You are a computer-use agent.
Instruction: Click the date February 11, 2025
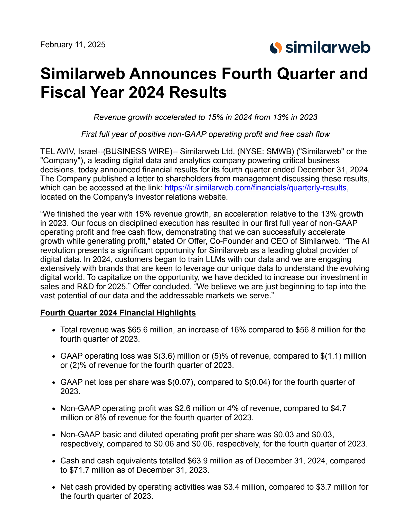(x=73, y=45)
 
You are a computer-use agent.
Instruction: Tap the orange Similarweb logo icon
(x=276, y=48)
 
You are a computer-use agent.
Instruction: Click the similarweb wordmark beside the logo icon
(x=328, y=47)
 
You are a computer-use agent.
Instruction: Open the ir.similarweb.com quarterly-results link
(x=256, y=188)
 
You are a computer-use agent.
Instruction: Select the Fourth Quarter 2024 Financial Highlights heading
(x=118, y=313)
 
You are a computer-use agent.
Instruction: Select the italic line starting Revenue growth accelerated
(x=206, y=117)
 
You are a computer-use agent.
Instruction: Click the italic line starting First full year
(x=206, y=134)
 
